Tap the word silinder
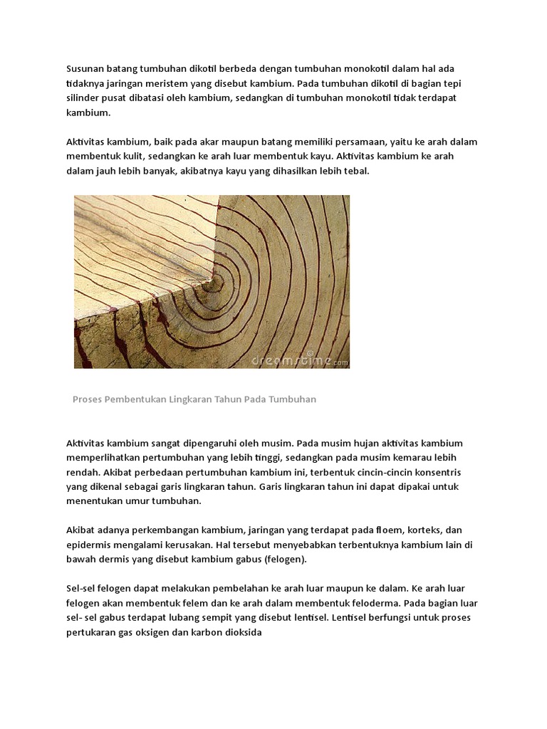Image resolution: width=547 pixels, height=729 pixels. pos(83,98)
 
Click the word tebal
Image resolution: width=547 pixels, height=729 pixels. pos(358,170)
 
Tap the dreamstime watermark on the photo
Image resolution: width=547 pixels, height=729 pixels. pos(298,360)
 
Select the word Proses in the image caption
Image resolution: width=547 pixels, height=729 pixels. pos(88,399)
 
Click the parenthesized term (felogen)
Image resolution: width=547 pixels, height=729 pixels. pos(283,559)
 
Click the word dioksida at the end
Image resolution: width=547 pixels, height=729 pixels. pos(244,631)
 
